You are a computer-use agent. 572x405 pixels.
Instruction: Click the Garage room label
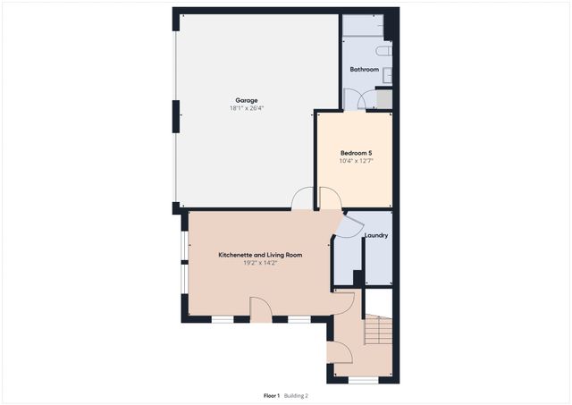click(x=248, y=99)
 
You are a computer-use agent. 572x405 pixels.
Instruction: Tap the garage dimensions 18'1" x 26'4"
click(x=248, y=108)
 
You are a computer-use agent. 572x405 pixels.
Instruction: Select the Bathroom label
click(x=364, y=70)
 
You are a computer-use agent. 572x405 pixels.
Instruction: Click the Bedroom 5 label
click(x=356, y=153)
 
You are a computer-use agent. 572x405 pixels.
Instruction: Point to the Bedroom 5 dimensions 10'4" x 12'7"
click(x=356, y=162)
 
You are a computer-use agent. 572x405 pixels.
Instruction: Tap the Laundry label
click(x=375, y=236)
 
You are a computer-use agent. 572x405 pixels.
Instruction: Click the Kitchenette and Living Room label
click(x=260, y=255)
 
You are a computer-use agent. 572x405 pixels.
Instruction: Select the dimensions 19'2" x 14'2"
click(x=260, y=264)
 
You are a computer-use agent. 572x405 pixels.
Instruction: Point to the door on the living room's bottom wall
click(x=261, y=310)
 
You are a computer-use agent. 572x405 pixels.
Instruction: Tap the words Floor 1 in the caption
click(x=272, y=395)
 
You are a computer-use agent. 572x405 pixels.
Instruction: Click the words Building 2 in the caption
click(x=297, y=395)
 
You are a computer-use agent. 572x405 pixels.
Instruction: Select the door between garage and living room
click(x=302, y=200)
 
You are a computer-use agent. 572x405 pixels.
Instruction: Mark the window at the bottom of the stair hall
click(x=363, y=380)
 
